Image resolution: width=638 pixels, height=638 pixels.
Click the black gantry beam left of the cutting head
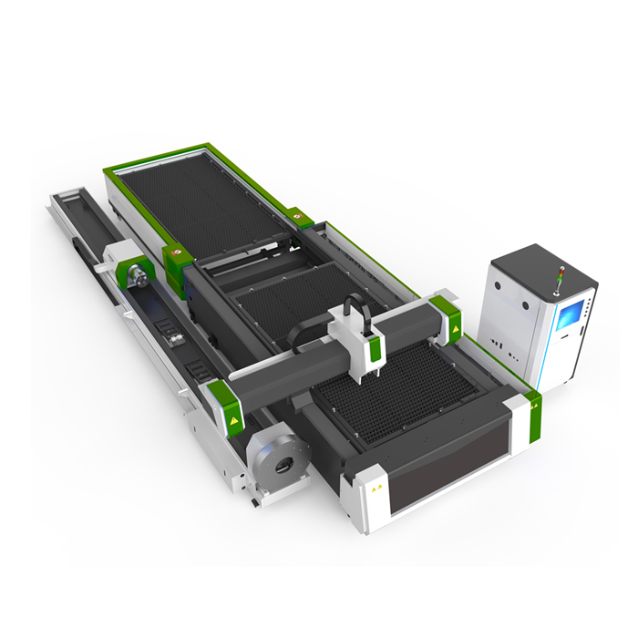pyautogui.click(x=292, y=374)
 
